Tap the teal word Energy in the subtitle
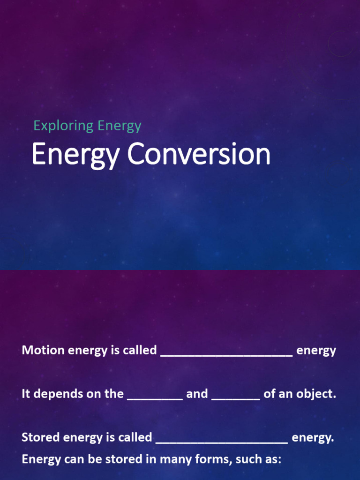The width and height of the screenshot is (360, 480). (x=120, y=126)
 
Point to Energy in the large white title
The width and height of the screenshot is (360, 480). (x=75, y=155)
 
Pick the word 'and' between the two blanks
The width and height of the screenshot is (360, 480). (x=197, y=394)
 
